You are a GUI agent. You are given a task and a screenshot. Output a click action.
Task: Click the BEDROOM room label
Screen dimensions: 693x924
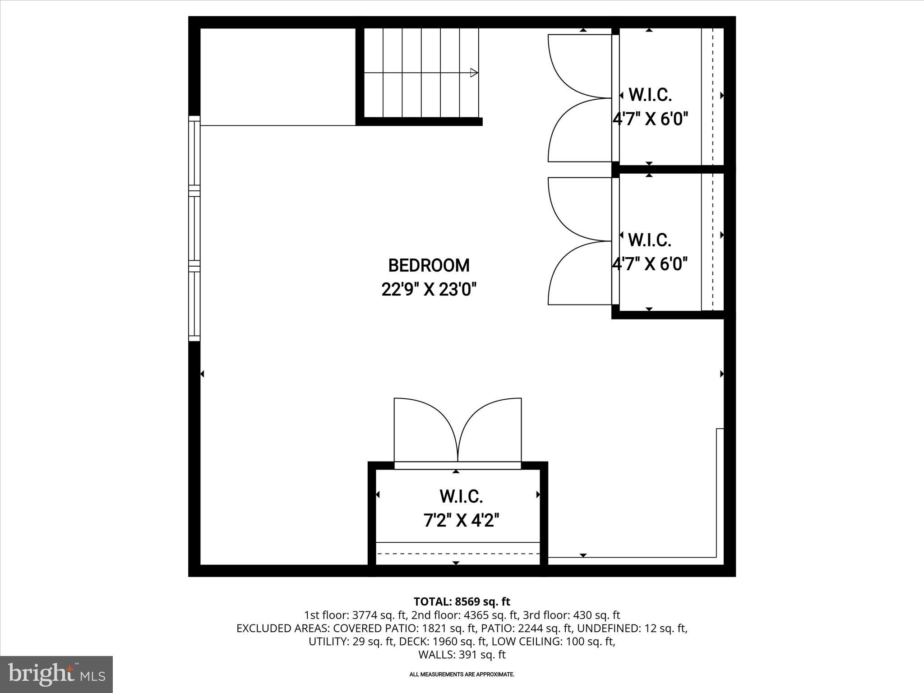coord(429,266)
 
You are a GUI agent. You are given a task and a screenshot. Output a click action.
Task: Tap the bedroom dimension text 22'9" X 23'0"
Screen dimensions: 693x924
coord(429,289)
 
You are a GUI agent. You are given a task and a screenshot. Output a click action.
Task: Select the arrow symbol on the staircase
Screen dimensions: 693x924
coord(474,73)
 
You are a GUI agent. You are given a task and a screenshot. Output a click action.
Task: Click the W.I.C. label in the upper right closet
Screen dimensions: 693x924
coord(650,95)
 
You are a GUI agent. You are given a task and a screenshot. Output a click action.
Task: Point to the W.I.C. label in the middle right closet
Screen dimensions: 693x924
coord(650,240)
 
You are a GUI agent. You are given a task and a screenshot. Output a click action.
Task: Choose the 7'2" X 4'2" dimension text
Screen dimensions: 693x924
coord(461,521)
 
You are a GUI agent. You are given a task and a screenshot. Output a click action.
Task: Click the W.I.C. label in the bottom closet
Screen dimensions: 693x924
coord(461,497)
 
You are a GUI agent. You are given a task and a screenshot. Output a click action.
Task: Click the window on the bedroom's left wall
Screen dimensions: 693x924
coord(194,228)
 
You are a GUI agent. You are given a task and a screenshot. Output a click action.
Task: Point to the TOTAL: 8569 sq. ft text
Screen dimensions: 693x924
coord(462,601)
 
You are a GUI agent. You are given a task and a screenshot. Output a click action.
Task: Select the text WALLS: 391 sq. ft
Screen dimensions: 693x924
coord(462,655)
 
